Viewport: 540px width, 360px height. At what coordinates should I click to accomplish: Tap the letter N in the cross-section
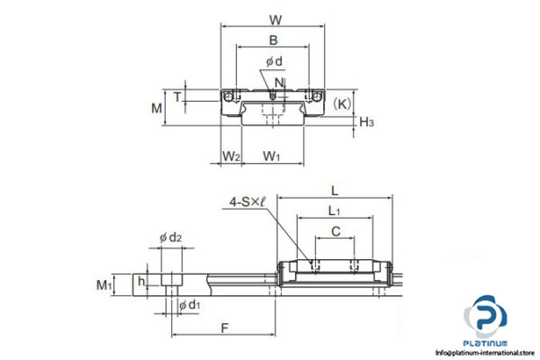tap(279, 83)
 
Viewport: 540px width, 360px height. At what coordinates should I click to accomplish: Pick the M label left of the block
tap(156, 109)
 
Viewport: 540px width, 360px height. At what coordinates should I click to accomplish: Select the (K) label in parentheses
tap(343, 103)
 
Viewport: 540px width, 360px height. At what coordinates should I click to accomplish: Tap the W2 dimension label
tap(230, 157)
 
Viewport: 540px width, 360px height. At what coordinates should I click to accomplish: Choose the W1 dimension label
tap(272, 157)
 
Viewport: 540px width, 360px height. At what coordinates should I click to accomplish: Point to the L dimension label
tap(335, 190)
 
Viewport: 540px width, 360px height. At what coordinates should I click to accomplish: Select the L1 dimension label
tap(334, 211)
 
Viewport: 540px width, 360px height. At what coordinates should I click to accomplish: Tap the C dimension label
tap(335, 232)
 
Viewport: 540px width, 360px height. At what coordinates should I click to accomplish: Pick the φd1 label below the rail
tap(189, 307)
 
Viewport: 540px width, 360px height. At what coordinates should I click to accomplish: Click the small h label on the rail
tap(141, 281)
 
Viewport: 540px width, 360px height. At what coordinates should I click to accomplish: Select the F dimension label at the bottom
tap(224, 328)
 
